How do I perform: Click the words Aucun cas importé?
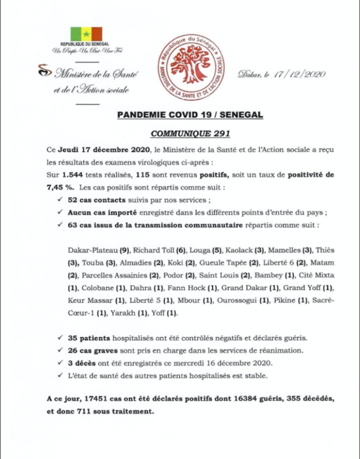click(x=97, y=213)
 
